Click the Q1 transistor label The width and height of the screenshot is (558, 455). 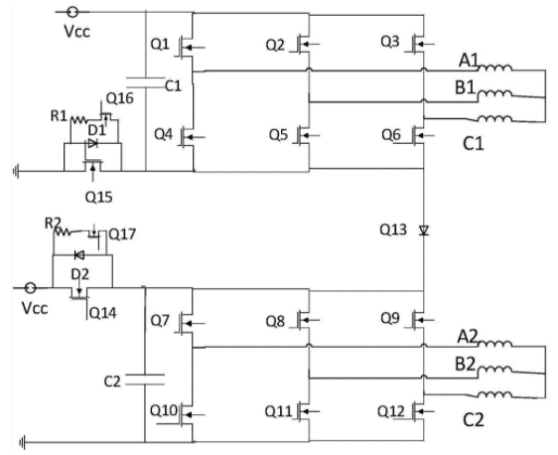click(160, 44)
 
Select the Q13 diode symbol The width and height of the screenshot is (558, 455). click(424, 230)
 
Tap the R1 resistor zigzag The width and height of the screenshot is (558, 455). click(79, 120)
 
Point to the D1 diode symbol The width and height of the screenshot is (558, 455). click(92, 143)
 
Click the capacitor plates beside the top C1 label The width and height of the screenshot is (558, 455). click(146, 82)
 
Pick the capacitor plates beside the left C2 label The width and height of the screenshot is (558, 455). click(145, 379)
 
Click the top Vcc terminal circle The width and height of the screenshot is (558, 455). click(72, 12)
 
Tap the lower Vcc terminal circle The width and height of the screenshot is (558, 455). click(31, 288)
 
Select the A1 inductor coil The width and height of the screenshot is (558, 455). click(494, 68)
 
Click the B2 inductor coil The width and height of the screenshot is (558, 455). click(494, 371)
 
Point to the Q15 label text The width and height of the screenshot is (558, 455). click(99, 197)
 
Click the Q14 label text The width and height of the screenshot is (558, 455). click(103, 313)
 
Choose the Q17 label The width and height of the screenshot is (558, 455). click(122, 234)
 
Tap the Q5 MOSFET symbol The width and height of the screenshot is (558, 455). click(304, 135)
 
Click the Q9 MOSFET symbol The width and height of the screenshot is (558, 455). click(419, 320)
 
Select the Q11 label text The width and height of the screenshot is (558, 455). click(279, 411)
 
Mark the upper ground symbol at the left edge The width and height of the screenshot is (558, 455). click(16, 172)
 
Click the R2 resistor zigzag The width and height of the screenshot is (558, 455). click(63, 231)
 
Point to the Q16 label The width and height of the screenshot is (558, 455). click(120, 98)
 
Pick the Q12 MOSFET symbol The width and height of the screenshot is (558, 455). click(419, 411)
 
